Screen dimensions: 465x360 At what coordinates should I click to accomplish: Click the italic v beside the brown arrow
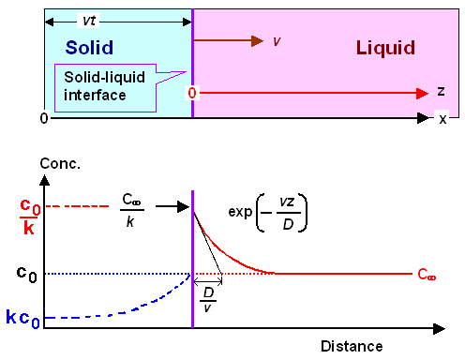pos(277,41)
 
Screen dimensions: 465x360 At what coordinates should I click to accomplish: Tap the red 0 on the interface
pos(192,94)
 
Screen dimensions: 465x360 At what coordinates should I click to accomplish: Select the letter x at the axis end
pos(442,119)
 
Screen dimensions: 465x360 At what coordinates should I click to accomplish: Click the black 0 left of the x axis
pos(44,119)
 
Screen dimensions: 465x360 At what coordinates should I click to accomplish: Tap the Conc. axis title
pos(58,165)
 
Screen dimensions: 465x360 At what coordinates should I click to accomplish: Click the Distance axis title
pos(352,345)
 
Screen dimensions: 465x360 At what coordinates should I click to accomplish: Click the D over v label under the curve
pos(210,298)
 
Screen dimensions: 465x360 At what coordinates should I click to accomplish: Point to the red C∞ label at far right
pos(427,275)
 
